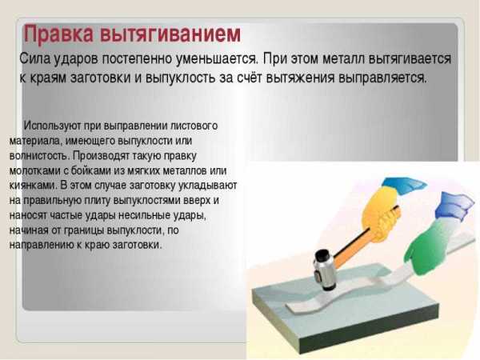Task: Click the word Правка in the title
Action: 58,34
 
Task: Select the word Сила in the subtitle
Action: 35,58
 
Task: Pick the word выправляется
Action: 382,78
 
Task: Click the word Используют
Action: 52,126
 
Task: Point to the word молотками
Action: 35,170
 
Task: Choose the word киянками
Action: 34,186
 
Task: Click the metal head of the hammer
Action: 324,270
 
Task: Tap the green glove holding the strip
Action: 429,245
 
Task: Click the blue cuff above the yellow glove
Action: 404,186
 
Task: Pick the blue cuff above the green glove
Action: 454,204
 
